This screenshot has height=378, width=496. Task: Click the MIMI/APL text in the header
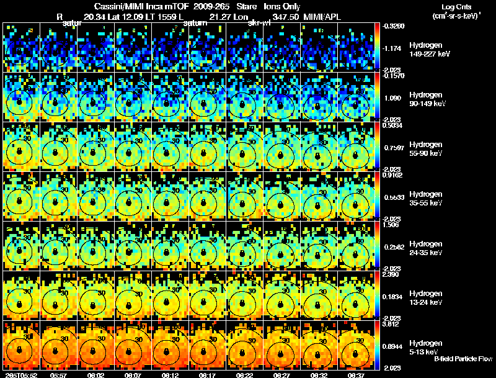(x=324, y=17)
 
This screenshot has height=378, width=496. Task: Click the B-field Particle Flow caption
(x=463, y=359)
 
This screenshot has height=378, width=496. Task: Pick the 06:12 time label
(x=170, y=374)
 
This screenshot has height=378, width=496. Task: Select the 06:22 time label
(x=246, y=374)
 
